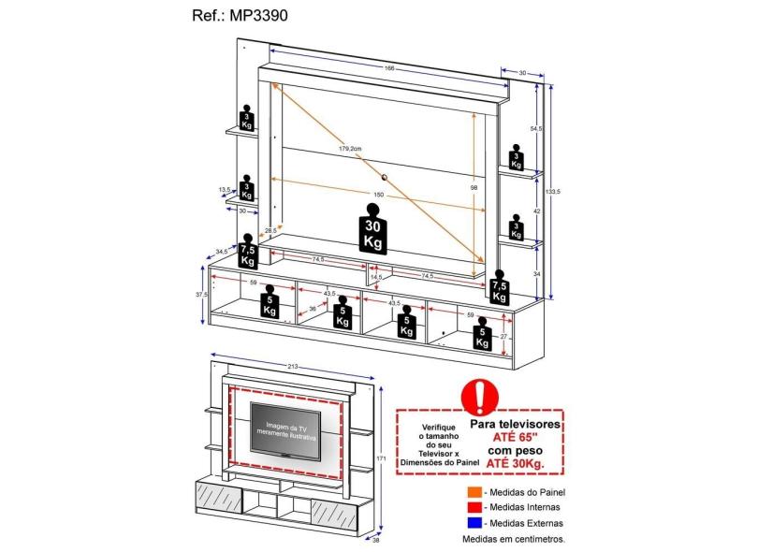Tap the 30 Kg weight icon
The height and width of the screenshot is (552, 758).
(372, 231)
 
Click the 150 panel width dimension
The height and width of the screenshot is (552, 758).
(378, 195)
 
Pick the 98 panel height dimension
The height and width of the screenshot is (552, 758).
(474, 187)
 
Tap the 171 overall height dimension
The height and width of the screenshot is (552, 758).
(380, 458)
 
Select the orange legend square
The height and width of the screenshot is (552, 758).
(475, 491)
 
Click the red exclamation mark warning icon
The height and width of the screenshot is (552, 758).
(480, 397)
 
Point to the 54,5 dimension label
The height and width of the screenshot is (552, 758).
(535, 128)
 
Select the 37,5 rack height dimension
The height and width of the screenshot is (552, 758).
(199, 294)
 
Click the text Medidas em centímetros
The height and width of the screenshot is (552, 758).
(514, 539)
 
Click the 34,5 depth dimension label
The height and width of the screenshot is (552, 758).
(221, 252)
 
